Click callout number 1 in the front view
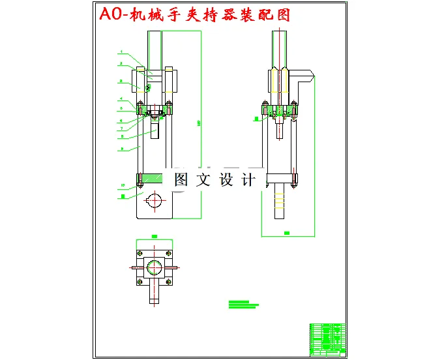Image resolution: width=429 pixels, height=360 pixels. click(121, 51)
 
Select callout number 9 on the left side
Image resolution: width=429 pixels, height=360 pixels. click(121, 149)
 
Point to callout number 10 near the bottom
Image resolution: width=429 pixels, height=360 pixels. click(121, 185)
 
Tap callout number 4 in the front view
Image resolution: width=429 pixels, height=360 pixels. click(121, 99)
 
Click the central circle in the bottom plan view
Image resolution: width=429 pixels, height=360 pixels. click(155, 267)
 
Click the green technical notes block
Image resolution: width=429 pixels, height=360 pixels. click(243, 304)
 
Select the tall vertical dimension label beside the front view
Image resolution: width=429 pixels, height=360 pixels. click(198, 122)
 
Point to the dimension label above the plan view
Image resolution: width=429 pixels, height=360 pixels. click(155, 236)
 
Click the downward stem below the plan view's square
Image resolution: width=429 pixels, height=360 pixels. click(155, 294)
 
